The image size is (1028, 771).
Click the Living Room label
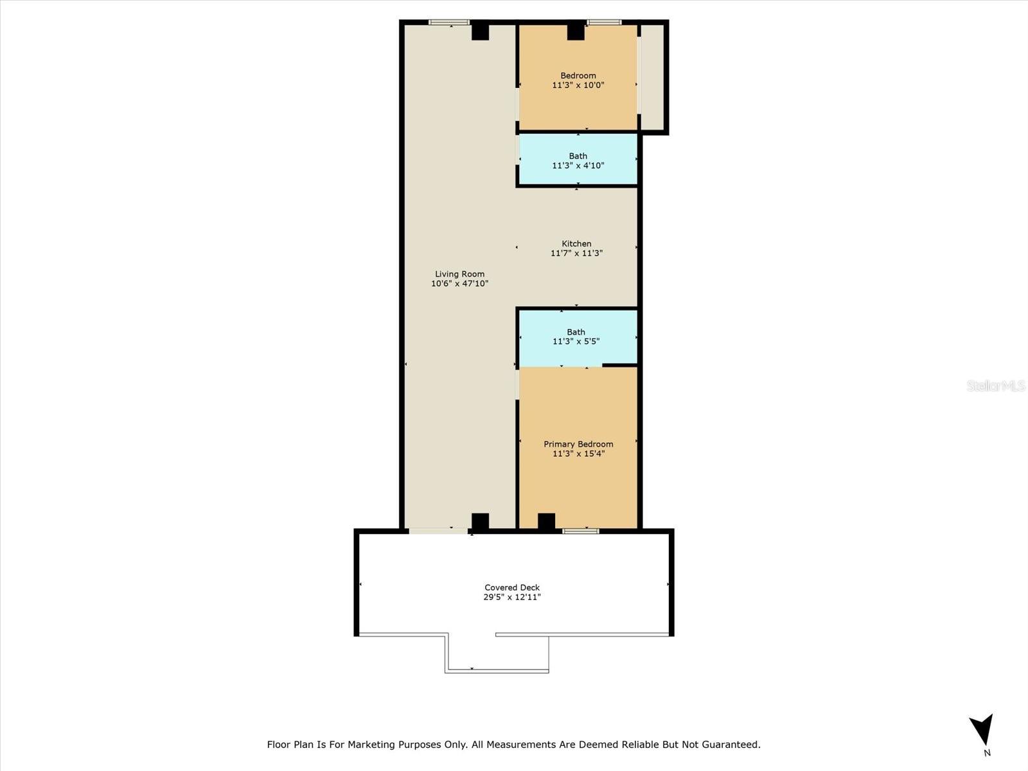(x=459, y=274)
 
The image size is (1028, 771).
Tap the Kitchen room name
(x=576, y=244)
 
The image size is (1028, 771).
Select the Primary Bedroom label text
(x=578, y=444)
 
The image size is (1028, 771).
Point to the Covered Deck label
(x=512, y=587)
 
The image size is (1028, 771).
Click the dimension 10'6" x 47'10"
(x=459, y=283)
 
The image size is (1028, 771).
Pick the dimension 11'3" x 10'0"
(x=578, y=85)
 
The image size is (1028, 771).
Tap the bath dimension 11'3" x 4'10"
(x=578, y=166)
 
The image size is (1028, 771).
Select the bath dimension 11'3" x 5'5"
(x=576, y=342)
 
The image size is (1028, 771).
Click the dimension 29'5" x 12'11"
(x=512, y=597)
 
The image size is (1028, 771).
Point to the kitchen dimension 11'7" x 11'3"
(x=576, y=253)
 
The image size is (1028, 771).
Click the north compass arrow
(x=982, y=730)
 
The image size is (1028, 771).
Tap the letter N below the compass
(x=987, y=753)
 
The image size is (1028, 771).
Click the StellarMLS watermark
(x=996, y=385)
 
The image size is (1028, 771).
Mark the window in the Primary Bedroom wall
(x=581, y=531)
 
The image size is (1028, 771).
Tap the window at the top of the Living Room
(x=449, y=22)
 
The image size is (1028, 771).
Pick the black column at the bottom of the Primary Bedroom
(x=546, y=521)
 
